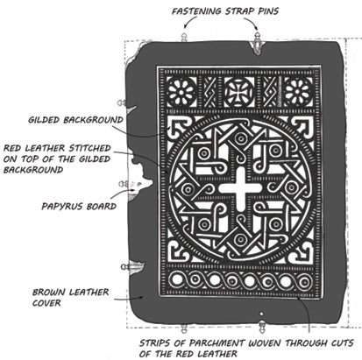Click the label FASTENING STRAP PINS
tap(225, 11)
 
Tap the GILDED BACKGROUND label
tap(75, 120)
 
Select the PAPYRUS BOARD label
tap(79, 207)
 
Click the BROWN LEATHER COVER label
tap(70, 298)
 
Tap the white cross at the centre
tap(240, 189)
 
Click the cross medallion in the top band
tap(239, 92)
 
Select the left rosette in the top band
tap(181, 92)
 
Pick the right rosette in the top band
tap(297, 92)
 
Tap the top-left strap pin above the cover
tap(184, 37)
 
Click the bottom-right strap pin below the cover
tap(262, 327)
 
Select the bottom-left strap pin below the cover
tap(184, 328)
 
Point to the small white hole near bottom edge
tap(261, 314)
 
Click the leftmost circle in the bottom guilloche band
tap(176, 280)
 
